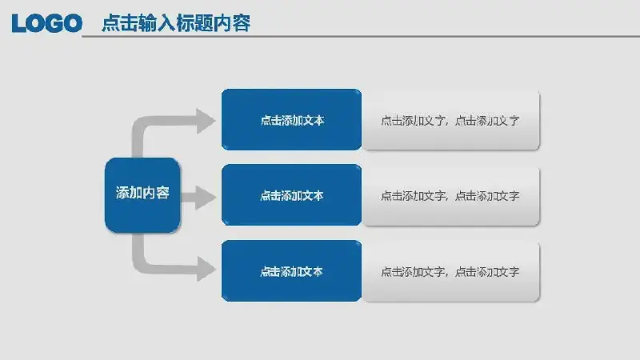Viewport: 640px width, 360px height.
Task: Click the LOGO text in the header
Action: (47, 23)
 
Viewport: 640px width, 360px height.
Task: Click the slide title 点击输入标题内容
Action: (176, 23)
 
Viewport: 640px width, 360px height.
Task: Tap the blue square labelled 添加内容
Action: (142, 195)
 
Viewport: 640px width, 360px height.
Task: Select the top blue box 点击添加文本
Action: (291, 119)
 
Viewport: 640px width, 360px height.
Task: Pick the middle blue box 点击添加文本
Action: (291, 194)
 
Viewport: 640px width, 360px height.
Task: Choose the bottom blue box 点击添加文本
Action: (291, 270)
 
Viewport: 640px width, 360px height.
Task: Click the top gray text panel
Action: (450, 121)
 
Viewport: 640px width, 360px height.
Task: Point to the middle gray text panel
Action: (450, 196)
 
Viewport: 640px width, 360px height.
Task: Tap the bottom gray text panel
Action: (450, 272)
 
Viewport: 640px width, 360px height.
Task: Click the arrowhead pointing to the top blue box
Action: (206, 121)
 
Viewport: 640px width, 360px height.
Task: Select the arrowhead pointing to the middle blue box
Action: (206, 198)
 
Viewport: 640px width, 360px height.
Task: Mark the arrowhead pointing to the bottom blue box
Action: (206, 269)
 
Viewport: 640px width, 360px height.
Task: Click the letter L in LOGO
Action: (18, 23)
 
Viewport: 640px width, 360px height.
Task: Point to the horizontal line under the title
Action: (361, 36)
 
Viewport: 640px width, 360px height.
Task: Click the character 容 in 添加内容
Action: (163, 193)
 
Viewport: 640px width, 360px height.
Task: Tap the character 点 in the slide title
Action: (110, 23)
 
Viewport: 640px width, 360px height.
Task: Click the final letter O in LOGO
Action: (74, 23)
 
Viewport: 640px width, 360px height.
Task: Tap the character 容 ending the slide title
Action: (242, 23)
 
